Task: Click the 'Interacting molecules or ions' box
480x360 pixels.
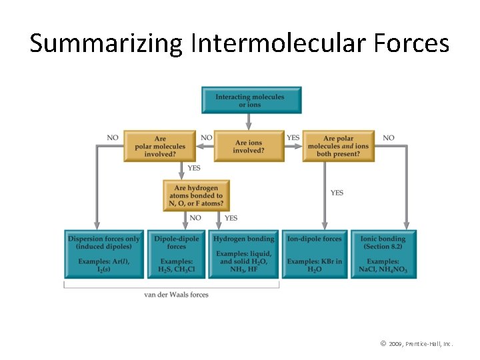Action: [x=251, y=100]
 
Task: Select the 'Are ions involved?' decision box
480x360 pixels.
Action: [x=249, y=146]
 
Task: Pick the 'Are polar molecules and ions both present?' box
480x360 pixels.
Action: [x=338, y=146]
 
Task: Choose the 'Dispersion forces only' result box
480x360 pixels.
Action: [x=104, y=254]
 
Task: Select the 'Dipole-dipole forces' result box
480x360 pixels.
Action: [x=177, y=254]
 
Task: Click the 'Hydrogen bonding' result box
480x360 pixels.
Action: [x=244, y=254]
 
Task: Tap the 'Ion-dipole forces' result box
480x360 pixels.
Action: [x=314, y=254]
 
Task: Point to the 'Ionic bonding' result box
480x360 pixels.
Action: [x=383, y=254]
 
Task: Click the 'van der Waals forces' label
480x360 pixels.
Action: [x=176, y=295]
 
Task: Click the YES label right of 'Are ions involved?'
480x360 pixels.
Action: [x=293, y=138]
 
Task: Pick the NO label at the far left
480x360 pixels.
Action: [x=113, y=138]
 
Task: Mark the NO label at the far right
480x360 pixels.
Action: [x=389, y=138]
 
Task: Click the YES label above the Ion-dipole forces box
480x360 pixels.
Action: [x=337, y=193]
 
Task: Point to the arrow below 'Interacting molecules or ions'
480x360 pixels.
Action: [x=249, y=121]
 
